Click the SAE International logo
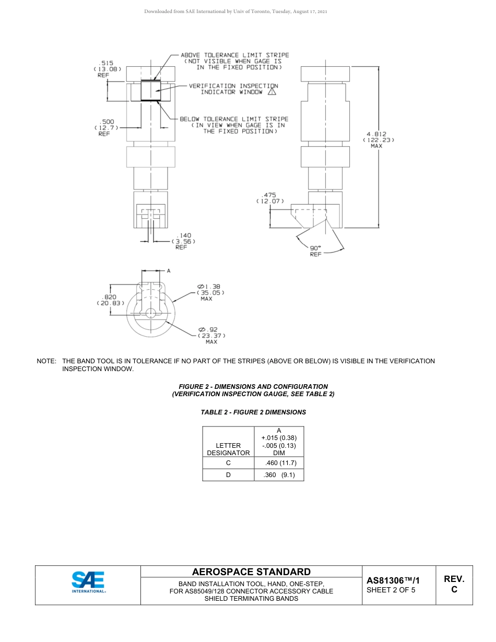[x=88, y=582]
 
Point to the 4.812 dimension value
[x=376, y=134]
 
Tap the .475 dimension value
[x=269, y=195]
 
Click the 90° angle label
[x=316, y=248]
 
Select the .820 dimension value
[x=110, y=296]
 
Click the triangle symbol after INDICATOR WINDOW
[x=271, y=92]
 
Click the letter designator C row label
[x=228, y=463]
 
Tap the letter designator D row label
[x=228, y=475]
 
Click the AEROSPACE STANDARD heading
[x=251, y=572]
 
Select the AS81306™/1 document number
[x=393, y=580]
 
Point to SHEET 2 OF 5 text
[x=391, y=590]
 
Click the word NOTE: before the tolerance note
[x=46, y=361]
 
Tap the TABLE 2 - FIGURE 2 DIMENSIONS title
[x=253, y=412]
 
